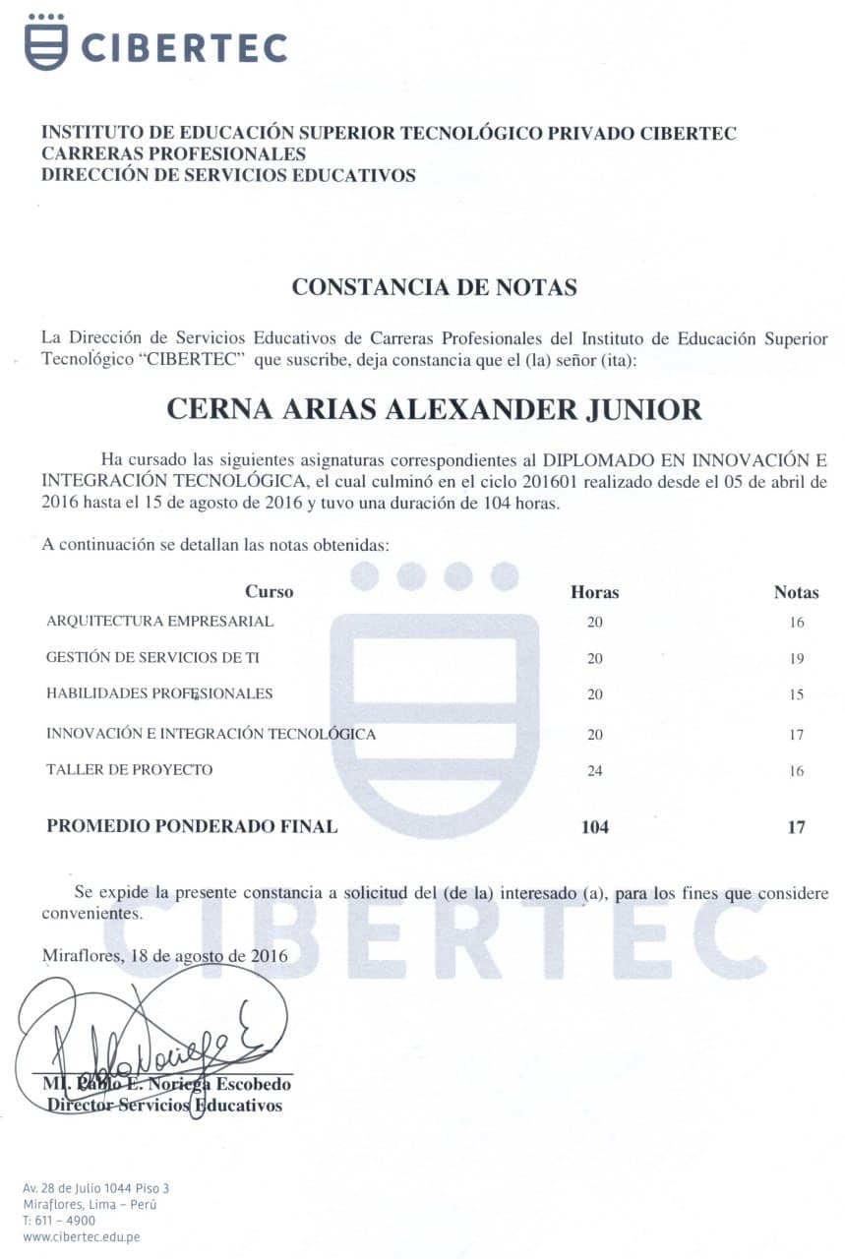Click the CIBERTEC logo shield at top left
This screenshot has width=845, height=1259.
45,42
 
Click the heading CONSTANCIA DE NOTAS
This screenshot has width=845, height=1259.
434,287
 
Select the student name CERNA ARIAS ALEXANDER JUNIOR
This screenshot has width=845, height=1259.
434,409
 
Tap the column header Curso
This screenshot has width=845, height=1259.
269,592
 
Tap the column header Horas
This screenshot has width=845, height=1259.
594,592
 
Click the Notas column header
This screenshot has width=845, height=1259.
796,592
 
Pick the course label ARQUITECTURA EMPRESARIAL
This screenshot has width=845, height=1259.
159,622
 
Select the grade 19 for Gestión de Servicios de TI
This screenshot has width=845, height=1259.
797,659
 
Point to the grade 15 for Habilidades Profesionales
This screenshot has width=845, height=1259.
797,695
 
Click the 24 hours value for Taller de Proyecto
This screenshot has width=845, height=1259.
594,771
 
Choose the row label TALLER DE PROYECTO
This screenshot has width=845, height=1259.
129,770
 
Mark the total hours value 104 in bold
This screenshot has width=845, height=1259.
594,827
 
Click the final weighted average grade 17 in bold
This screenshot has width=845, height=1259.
796,827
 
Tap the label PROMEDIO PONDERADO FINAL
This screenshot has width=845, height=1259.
192,827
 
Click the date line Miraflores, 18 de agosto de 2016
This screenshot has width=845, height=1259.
164,955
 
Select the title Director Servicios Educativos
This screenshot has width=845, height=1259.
164,1106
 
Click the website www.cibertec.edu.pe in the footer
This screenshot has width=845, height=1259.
81,1236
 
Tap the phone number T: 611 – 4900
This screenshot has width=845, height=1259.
59,1221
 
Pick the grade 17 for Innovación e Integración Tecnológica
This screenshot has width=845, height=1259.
797,735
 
